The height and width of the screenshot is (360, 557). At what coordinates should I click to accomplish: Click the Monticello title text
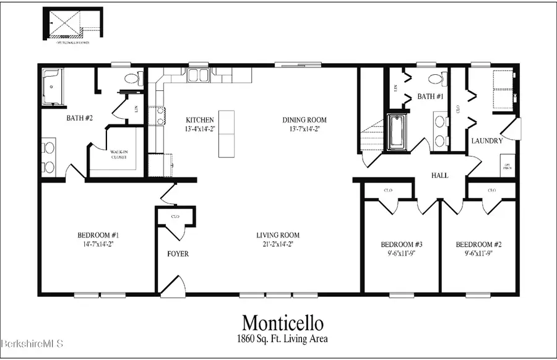pyautogui.click(x=282, y=323)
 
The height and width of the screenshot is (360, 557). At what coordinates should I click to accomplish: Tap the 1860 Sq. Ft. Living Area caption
pyautogui.click(x=282, y=338)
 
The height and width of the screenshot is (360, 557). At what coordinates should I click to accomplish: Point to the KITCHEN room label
pyautogui.click(x=200, y=120)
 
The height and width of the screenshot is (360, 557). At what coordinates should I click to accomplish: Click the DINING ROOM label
pyautogui.click(x=304, y=120)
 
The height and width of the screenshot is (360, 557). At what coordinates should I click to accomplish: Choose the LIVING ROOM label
pyautogui.click(x=278, y=235)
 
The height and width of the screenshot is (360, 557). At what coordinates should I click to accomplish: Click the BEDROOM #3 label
pyautogui.click(x=401, y=244)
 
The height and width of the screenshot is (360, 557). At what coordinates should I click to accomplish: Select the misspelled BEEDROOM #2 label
pyautogui.click(x=478, y=244)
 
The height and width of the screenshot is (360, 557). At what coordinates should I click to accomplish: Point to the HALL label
pyautogui.click(x=440, y=176)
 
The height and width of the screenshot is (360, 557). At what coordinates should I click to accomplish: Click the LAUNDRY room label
pyautogui.click(x=486, y=141)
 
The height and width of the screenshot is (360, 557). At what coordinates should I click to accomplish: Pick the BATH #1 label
pyautogui.click(x=430, y=96)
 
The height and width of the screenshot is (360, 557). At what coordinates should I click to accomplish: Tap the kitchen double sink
pyautogui.click(x=199, y=75)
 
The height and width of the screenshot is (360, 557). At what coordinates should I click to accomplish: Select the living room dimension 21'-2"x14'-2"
pyautogui.click(x=278, y=244)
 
